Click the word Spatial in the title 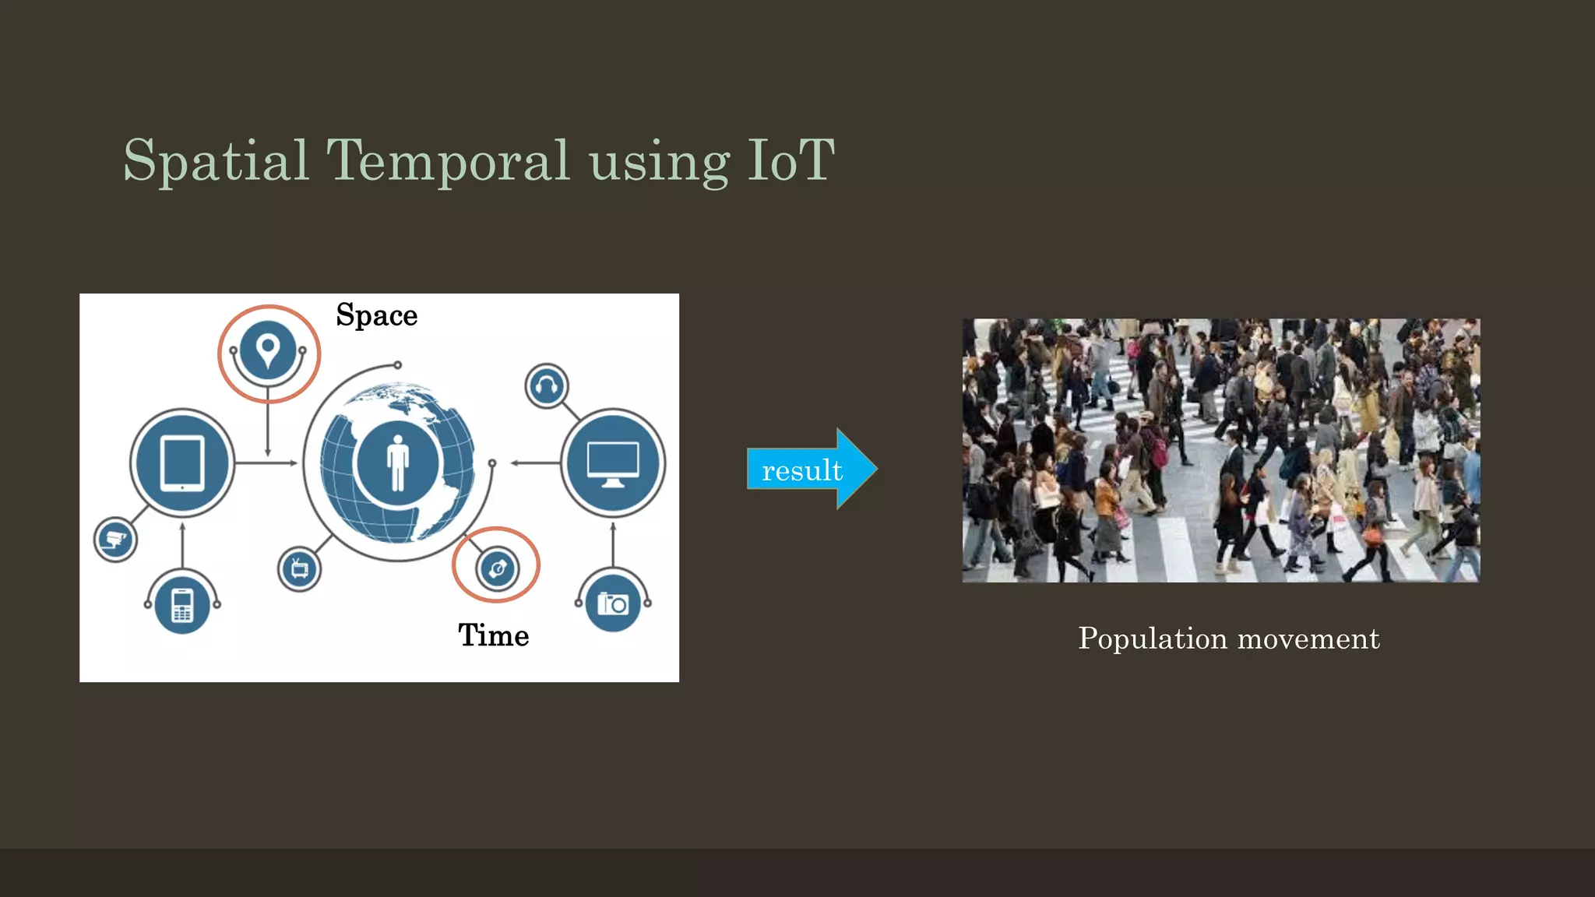[217, 161]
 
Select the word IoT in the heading [790, 161]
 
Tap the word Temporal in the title [448, 161]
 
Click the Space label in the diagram [377, 315]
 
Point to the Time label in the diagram [493, 635]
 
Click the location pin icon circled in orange [268, 350]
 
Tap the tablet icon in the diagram [182, 463]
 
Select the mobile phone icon [182, 605]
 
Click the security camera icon [115, 539]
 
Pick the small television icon [300, 569]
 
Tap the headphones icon [547, 385]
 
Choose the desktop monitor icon [613, 463]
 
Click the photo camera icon [613, 603]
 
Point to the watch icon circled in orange [497, 568]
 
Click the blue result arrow [811, 470]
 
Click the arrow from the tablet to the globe [266, 463]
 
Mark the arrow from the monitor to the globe [536, 463]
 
